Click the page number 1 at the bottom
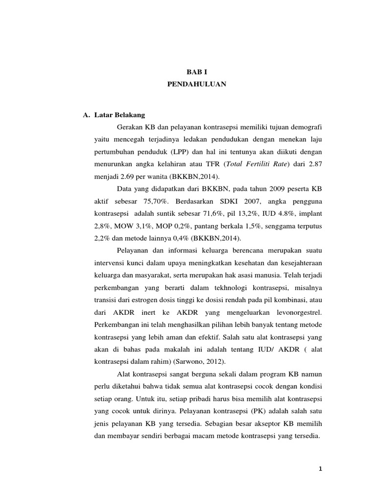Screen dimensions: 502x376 (320, 469)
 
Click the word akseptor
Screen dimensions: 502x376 (265, 424)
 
